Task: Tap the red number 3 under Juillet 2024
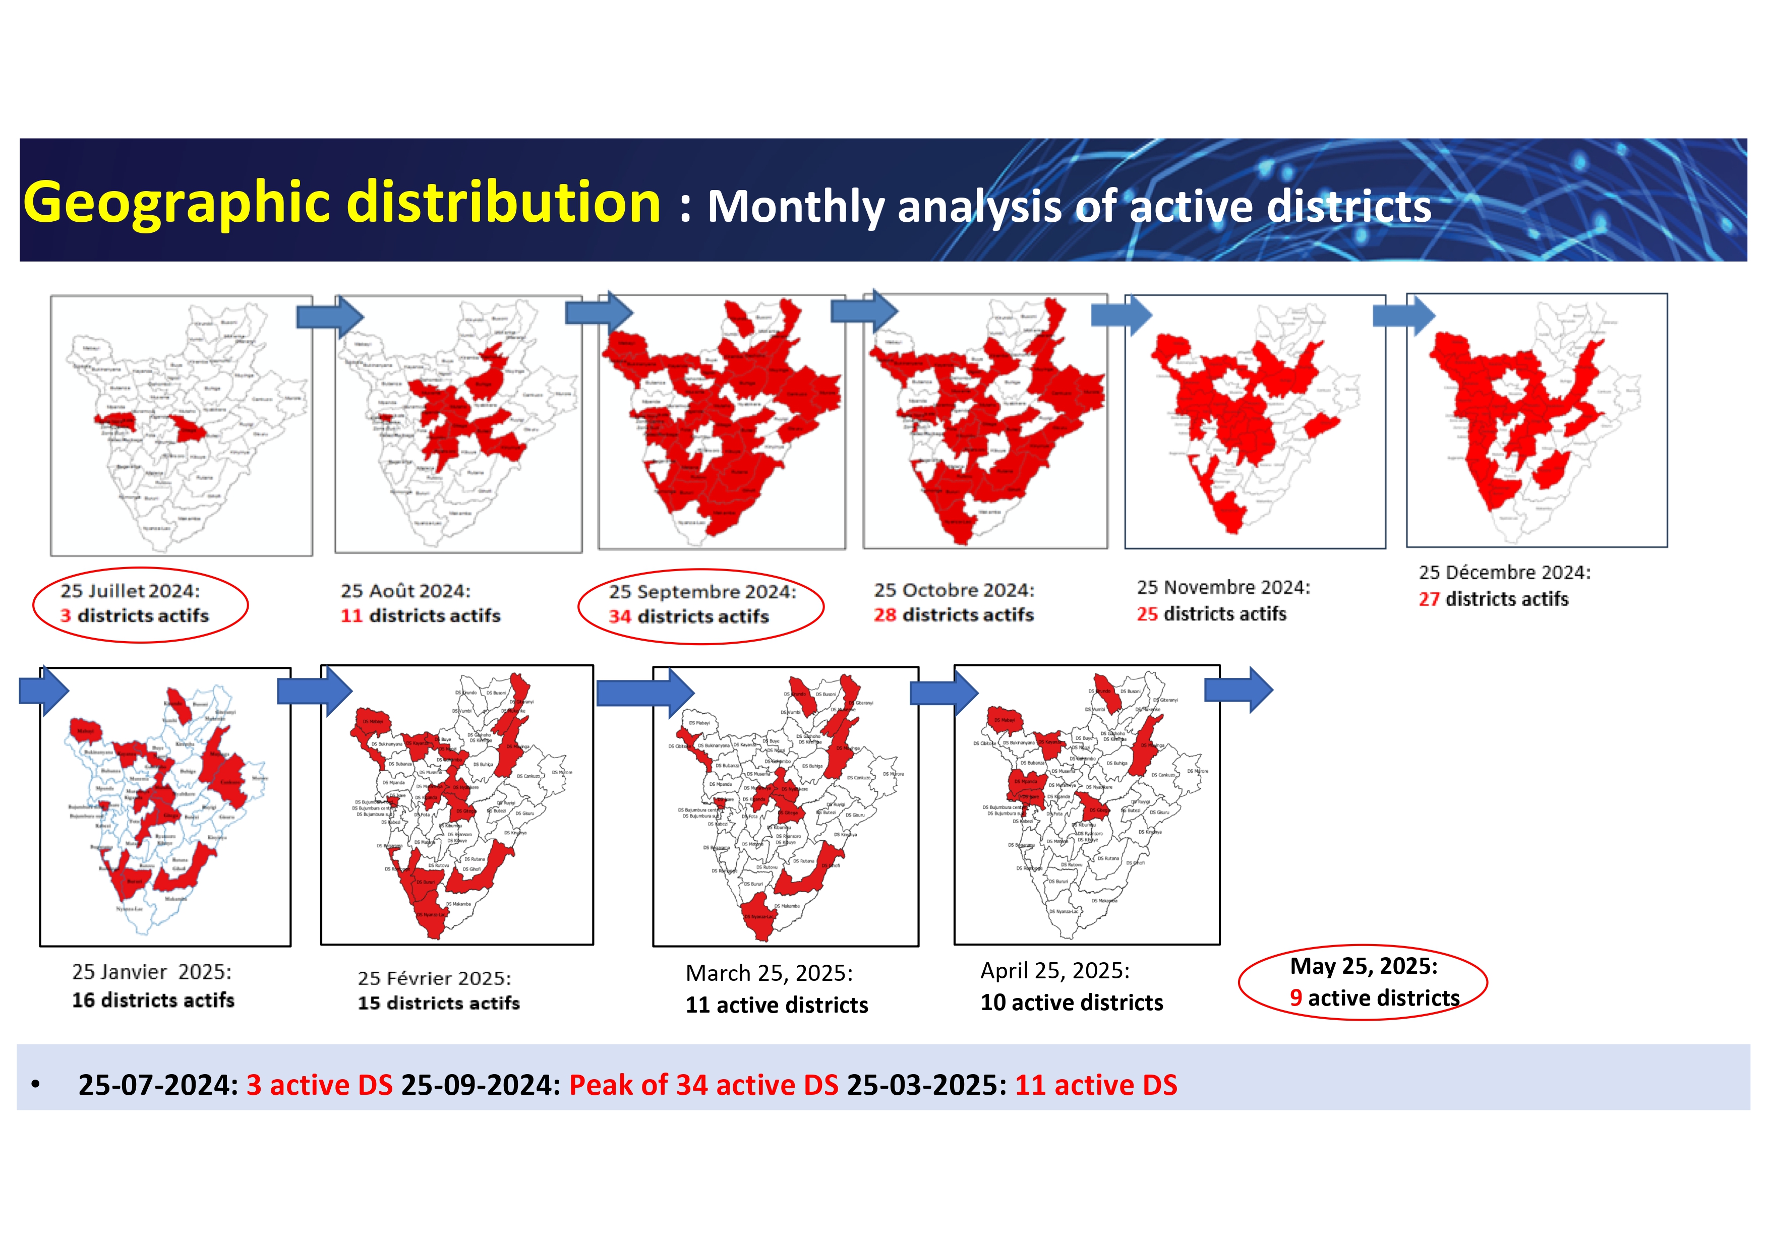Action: click(x=66, y=615)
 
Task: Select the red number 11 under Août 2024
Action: click(x=351, y=615)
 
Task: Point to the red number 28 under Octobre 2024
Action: click(x=885, y=614)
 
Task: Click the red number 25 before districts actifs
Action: click(x=1147, y=614)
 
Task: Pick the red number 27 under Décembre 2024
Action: click(x=1429, y=599)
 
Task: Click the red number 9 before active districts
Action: click(x=1296, y=998)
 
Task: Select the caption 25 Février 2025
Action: click(x=434, y=978)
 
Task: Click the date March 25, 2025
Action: click(x=769, y=973)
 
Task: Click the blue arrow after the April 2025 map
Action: click(x=1239, y=690)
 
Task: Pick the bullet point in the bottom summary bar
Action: click(x=35, y=1084)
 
